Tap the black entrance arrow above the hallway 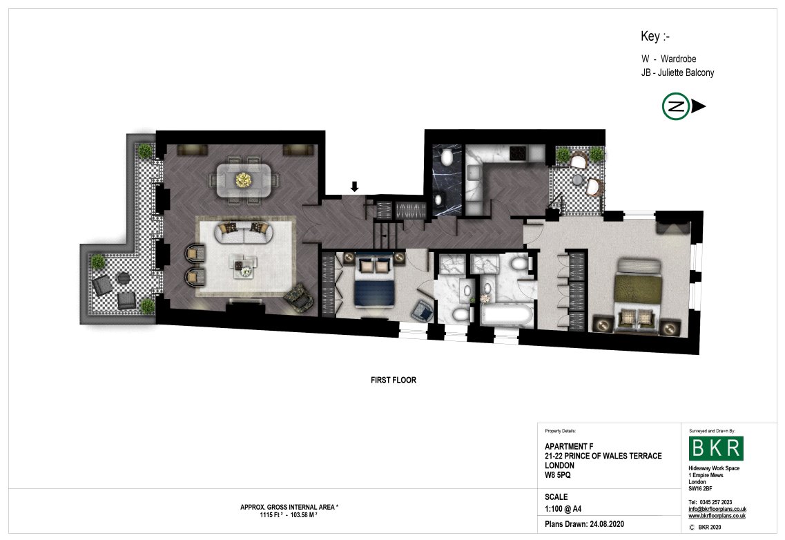coord(354,187)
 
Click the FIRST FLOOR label coord(394,380)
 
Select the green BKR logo coord(716,448)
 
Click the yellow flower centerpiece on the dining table coord(243,180)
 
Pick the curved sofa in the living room coord(244,233)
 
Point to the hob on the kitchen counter coord(519,153)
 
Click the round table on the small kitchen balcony coord(578,180)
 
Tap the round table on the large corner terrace coord(123,278)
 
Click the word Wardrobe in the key coord(679,59)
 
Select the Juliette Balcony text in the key coord(686,73)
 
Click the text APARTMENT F coord(569,446)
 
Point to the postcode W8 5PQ coord(558,475)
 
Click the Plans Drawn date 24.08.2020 coord(607,524)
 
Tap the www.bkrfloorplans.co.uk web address coord(717,516)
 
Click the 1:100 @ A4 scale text coord(563,509)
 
